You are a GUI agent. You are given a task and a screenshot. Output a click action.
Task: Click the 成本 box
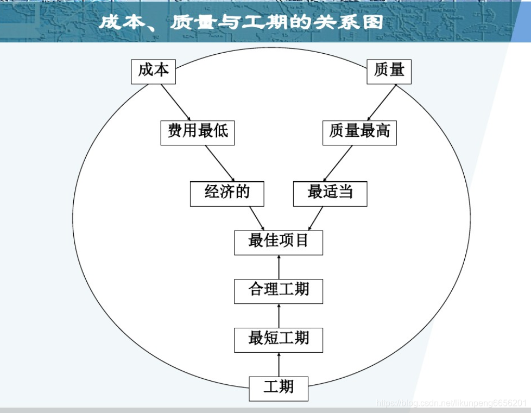pos(154,71)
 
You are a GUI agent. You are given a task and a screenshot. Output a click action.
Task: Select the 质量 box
pos(389,71)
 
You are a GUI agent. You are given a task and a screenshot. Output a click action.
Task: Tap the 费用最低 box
pos(198,132)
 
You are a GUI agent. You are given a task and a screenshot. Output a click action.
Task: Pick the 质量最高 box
pos(359,132)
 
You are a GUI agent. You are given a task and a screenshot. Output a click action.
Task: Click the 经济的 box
pos(227,193)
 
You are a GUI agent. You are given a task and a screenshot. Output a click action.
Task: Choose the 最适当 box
pos(330,193)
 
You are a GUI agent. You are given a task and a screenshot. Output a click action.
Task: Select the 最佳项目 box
pos(279,242)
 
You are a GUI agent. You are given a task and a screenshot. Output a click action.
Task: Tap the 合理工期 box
pos(279,291)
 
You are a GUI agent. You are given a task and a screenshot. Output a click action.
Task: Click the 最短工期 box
pos(279,340)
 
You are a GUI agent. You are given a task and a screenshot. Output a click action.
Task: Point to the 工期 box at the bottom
pos(279,388)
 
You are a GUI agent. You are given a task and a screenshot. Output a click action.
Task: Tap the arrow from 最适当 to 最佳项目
pos(316,218)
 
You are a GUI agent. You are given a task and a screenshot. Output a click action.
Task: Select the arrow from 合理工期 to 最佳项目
pos(279,267)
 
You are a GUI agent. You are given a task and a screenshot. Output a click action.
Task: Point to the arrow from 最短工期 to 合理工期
pos(279,316)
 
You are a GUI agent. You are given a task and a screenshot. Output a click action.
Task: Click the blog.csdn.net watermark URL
pos(451,403)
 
